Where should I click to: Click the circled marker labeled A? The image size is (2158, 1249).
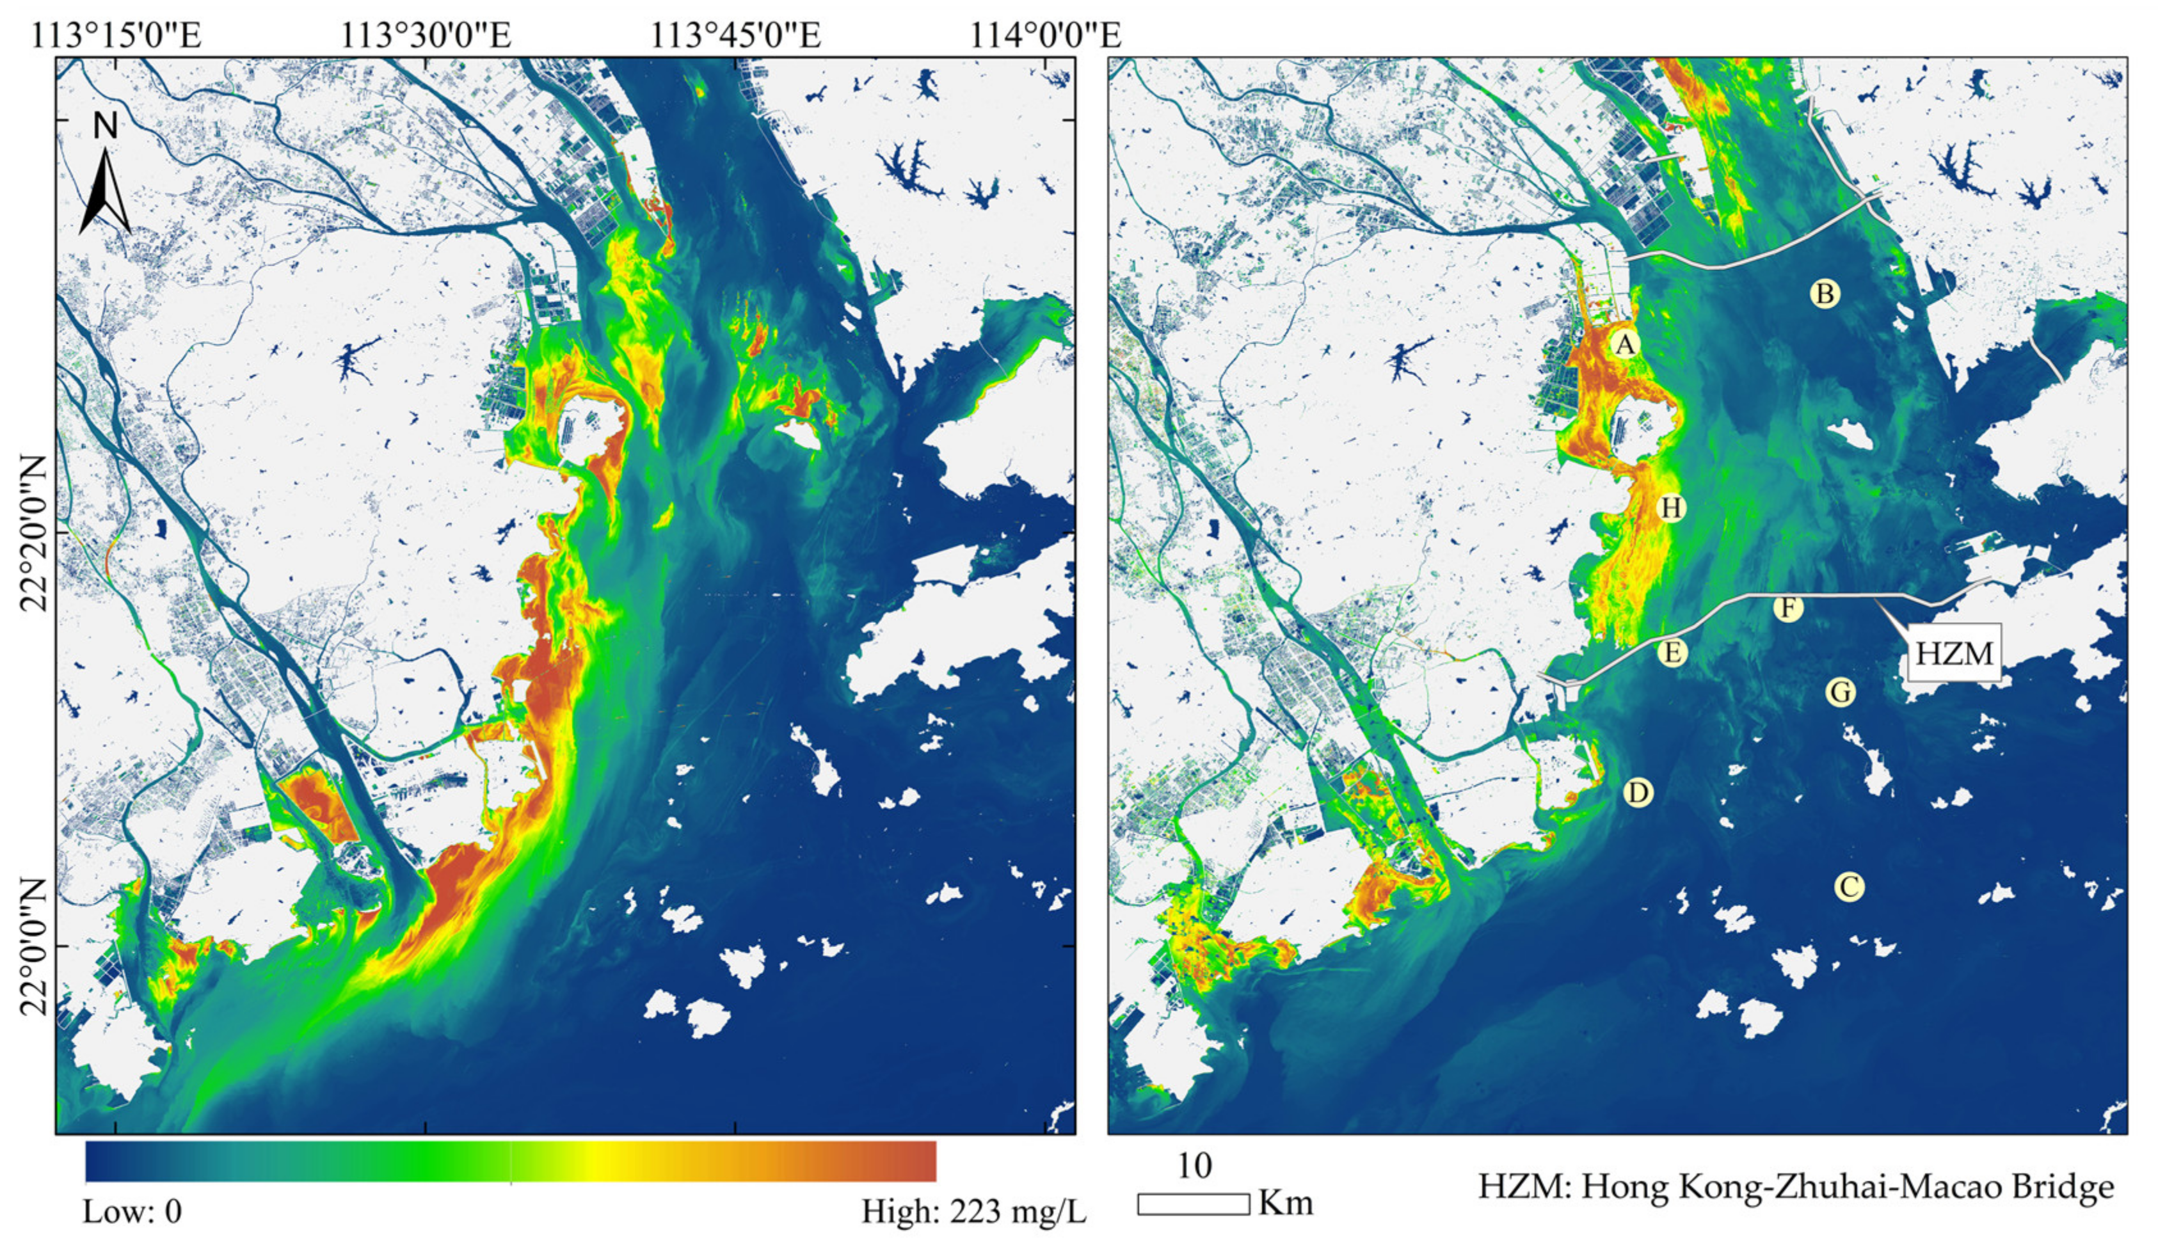[1624, 344]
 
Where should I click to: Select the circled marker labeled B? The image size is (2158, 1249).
[1825, 294]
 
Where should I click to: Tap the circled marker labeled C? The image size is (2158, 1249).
[1849, 886]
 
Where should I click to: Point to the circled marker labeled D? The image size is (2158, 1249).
[1637, 793]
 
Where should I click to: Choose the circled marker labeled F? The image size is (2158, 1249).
[1787, 609]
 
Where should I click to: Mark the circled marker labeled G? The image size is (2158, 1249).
[1841, 692]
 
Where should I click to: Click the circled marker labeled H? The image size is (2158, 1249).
[1672, 507]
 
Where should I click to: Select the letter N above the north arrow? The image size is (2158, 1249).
[106, 127]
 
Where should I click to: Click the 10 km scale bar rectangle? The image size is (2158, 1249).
[1193, 1204]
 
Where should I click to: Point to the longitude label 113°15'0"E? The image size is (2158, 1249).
[116, 36]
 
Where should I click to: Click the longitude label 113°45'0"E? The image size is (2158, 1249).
[735, 36]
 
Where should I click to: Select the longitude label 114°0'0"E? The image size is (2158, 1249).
[1044, 36]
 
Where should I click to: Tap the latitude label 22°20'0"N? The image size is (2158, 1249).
[35, 532]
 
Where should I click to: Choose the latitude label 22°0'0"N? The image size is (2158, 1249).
[35, 945]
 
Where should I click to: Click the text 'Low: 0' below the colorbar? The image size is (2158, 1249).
[132, 1212]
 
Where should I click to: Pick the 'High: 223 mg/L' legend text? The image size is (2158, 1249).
[973, 1212]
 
